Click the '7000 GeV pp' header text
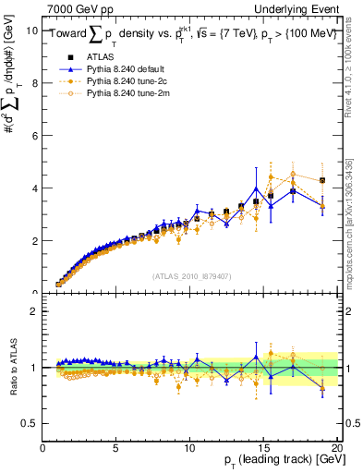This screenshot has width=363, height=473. coord(79,8)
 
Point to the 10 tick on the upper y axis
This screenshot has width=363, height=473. coord(33,30)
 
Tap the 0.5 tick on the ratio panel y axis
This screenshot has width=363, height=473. coord(31,423)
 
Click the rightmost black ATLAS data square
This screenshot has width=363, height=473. coord(321,181)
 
